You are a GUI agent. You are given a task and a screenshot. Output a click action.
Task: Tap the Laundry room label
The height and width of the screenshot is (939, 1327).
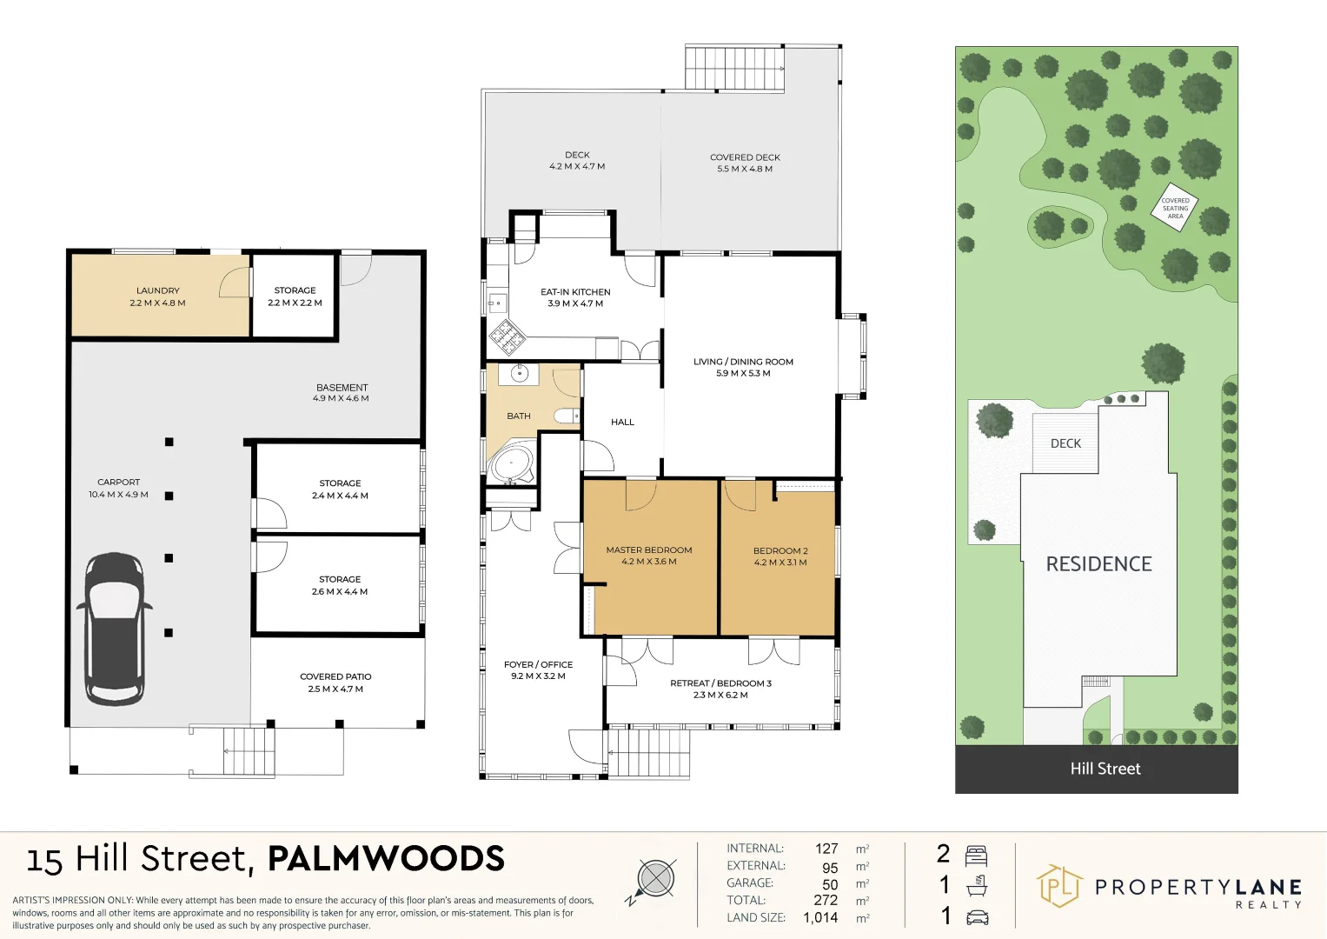click(x=157, y=291)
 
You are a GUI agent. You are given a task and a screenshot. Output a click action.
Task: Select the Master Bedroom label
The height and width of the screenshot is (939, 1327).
click(x=649, y=550)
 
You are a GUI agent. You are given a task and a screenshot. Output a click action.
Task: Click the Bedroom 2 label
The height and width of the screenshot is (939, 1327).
click(x=780, y=551)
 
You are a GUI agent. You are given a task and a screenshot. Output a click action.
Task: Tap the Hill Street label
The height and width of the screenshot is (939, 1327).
click(x=1105, y=769)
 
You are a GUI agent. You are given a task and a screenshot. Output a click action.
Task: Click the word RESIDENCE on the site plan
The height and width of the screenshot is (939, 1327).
click(x=1098, y=564)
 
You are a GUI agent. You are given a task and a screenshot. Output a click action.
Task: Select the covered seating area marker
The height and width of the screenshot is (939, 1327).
click(x=1175, y=209)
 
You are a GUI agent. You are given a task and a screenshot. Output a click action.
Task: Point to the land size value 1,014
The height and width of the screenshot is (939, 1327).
click(x=820, y=917)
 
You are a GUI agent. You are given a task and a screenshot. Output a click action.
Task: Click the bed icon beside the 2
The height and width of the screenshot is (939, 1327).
click(x=977, y=855)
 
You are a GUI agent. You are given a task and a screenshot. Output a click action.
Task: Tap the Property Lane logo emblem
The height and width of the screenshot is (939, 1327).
click(x=1058, y=886)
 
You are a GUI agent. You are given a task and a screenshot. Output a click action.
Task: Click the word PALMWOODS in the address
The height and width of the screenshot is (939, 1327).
click(x=386, y=859)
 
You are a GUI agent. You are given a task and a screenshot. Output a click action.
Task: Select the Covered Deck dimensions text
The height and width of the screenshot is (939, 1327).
click(x=745, y=170)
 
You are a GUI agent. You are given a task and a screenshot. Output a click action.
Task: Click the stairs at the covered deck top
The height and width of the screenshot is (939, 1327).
click(x=734, y=68)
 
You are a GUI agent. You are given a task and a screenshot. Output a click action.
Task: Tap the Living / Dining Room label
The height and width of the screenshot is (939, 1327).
click(x=743, y=362)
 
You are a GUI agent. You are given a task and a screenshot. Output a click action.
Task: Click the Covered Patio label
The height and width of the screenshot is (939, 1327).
click(x=335, y=676)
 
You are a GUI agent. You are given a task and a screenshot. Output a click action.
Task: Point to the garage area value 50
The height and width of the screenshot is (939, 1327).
click(x=830, y=884)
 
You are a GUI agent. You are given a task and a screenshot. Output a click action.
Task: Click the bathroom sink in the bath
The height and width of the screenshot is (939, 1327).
click(x=519, y=374)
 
